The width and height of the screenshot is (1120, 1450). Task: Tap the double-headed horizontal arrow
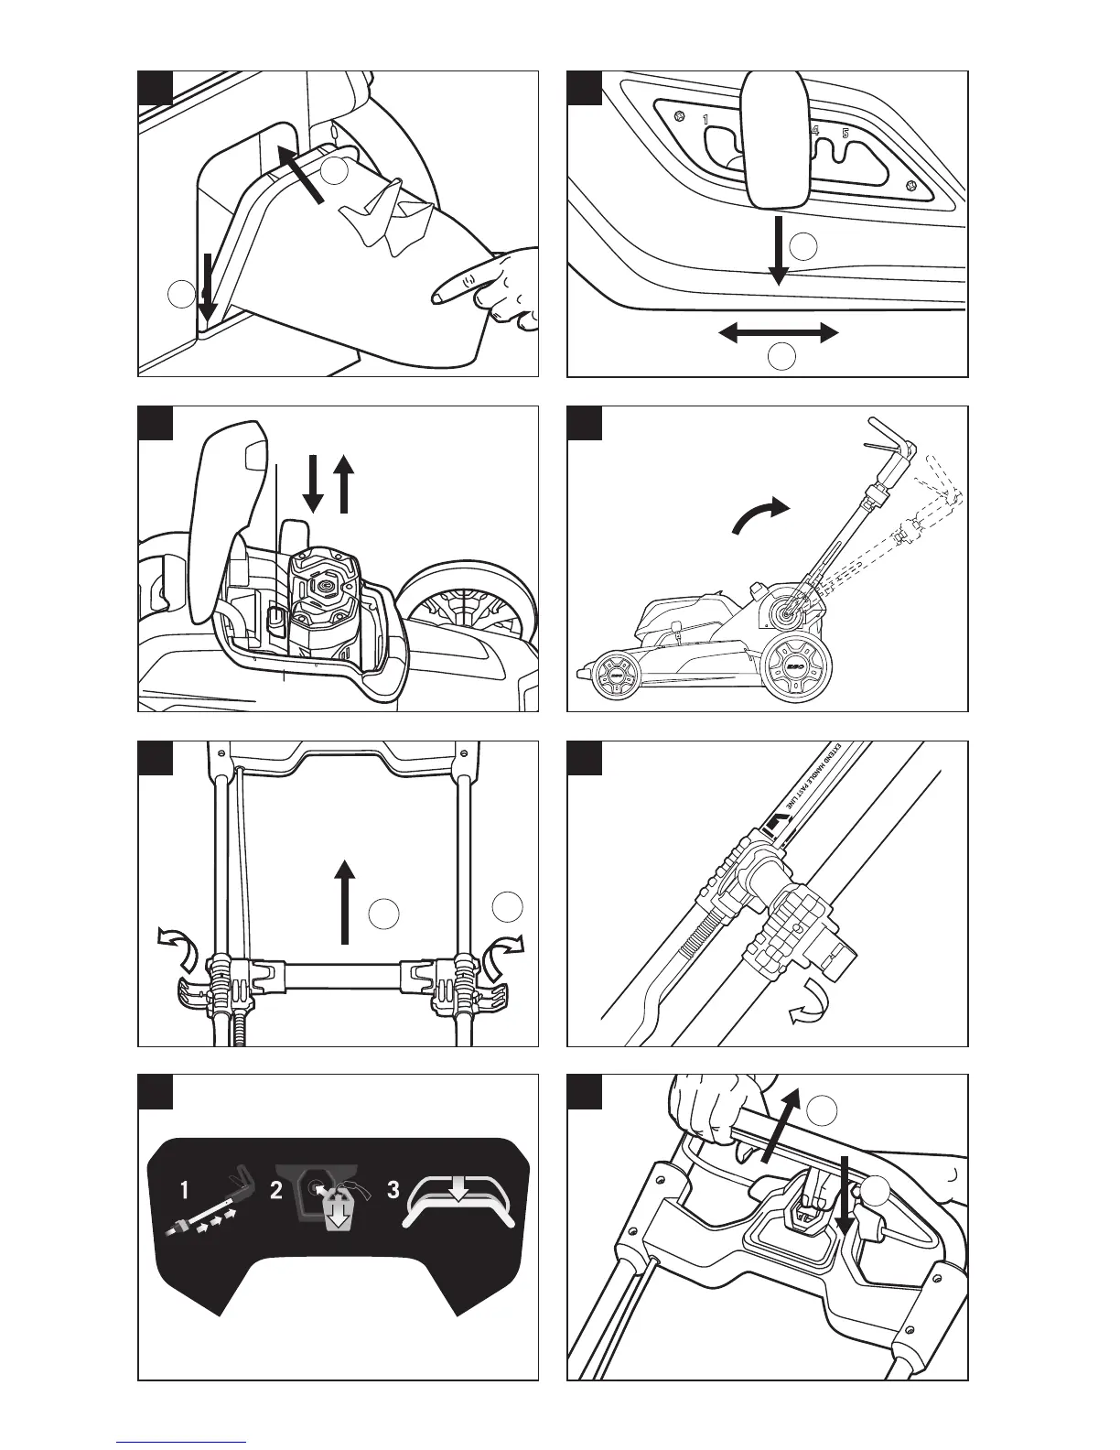779,333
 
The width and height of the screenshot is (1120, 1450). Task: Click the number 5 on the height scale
846,134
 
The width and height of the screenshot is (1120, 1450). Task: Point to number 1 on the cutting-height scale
705,120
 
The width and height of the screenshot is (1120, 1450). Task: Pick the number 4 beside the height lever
814,132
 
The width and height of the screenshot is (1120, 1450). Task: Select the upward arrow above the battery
345,486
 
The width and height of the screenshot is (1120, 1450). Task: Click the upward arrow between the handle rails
345,901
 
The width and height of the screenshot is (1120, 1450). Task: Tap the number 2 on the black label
276,1192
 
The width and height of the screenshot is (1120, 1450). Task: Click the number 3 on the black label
393,1192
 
